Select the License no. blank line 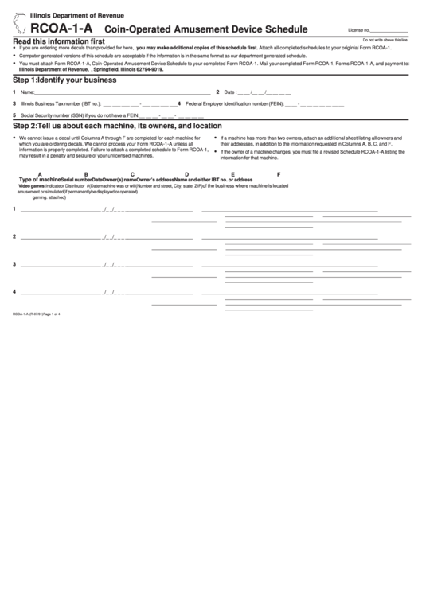tap(389, 30)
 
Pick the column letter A tap(40, 174)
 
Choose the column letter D tap(186, 174)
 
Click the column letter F tap(278, 174)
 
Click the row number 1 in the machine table tap(14, 209)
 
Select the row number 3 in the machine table tap(14, 263)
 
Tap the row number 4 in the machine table tap(14, 290)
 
